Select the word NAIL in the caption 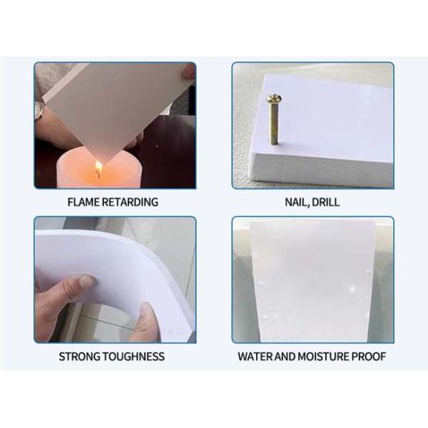point(297,202)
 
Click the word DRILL point(326,202)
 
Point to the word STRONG point(78,356)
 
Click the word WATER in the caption point(255,356)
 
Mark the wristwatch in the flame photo point(40,111)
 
